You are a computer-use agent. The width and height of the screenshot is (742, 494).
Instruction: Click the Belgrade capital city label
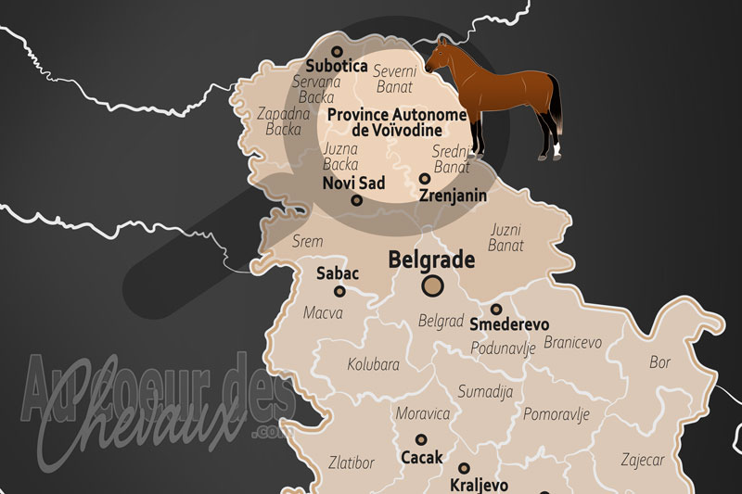[x=431, y=260]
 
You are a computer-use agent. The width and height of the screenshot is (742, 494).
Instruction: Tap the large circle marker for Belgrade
[x=431, y=286]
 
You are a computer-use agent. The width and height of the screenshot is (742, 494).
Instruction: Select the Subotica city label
[x=337, y=67]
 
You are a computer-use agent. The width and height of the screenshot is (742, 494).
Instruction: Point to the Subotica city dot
[x=337, y=52]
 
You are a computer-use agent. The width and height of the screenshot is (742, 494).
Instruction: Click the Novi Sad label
[x=353, y=183]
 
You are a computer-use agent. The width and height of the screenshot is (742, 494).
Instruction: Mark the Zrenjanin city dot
[x=424, y=179]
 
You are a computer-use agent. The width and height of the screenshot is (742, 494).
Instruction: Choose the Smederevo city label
[x=509, y=324]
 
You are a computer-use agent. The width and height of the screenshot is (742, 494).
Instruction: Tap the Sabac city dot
[x=339, y=291]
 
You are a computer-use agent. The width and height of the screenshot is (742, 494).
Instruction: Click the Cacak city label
[x=421, y=457]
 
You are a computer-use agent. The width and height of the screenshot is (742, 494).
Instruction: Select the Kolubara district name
[x=373, y=364]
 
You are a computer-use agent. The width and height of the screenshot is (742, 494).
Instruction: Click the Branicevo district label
[x=572, y=342]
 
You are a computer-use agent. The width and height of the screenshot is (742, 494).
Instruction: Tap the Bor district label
[x=660, y=361]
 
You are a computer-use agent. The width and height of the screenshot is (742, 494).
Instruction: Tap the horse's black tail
[x=556, y=107]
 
